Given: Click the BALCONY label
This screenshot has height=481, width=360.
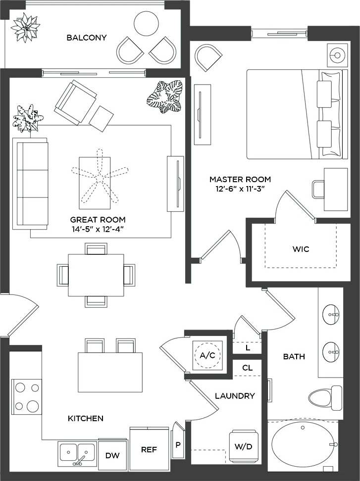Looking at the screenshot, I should pyautogui.click(x=87, y=38).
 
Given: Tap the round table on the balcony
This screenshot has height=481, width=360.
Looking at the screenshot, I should pyautogui.click(x=147, y=23).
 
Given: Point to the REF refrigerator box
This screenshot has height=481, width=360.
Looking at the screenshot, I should pyautogui.click(x=149, y=449).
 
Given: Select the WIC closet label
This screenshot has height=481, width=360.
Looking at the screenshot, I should pyautogui.click(x=301, y=249).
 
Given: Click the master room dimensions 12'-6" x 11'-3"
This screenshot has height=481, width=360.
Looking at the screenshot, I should pyautogui.click(x=240, y=189).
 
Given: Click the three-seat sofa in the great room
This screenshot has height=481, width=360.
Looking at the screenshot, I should pyautogui.click(x=31, y=184).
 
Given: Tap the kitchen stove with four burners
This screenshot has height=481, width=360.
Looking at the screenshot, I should pyautogui.click(x=26, y=396).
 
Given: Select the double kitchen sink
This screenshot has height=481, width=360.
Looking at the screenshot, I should pyautogui.click(x=77, y=452).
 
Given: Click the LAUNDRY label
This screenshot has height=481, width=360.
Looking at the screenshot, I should pyautogui.click(x=235, y=396).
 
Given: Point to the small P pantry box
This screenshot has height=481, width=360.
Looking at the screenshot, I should pyautogui.click(x=178, y=443).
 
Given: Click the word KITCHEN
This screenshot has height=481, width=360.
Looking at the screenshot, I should pyautogui.click(x=85, y=419).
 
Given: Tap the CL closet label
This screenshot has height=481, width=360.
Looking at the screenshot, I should pyautogui.click(x=248, y=368).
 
